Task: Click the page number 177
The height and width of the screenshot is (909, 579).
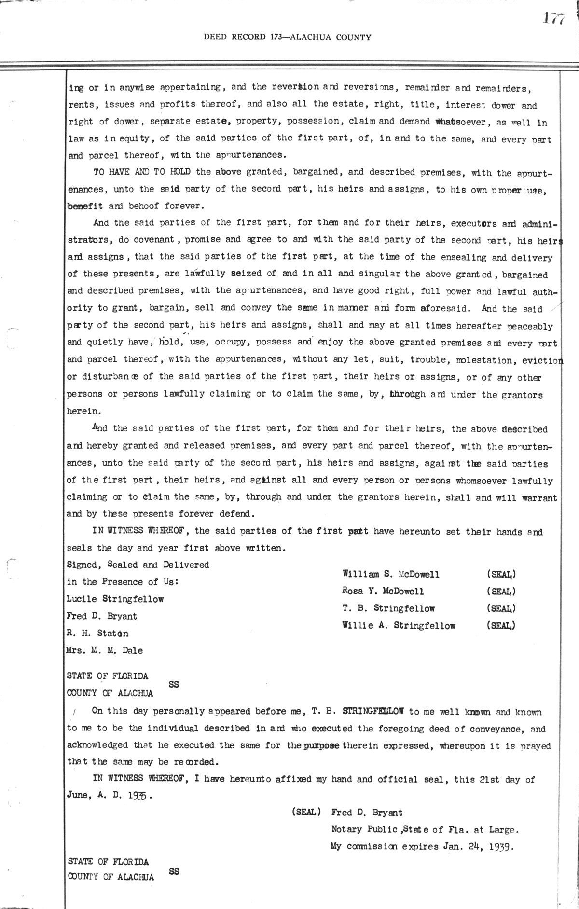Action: click(553, 18)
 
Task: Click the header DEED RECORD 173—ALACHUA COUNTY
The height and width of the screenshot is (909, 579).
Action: click(288, 37)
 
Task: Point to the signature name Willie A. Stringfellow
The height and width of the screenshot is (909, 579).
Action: click(399, 626)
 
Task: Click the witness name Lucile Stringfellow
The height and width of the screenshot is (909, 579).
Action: click(115, 599)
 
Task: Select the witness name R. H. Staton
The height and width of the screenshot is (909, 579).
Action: click(97, 634)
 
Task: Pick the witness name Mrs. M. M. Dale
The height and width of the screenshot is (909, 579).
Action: click(105, 650)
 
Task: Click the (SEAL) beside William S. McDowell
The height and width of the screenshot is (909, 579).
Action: click(501, 574)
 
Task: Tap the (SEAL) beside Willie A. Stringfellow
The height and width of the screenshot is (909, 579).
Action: click(501, 626)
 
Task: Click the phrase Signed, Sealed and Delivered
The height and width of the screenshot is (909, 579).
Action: click(138, 565)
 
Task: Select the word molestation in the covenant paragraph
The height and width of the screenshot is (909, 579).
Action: click(468, 360)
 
